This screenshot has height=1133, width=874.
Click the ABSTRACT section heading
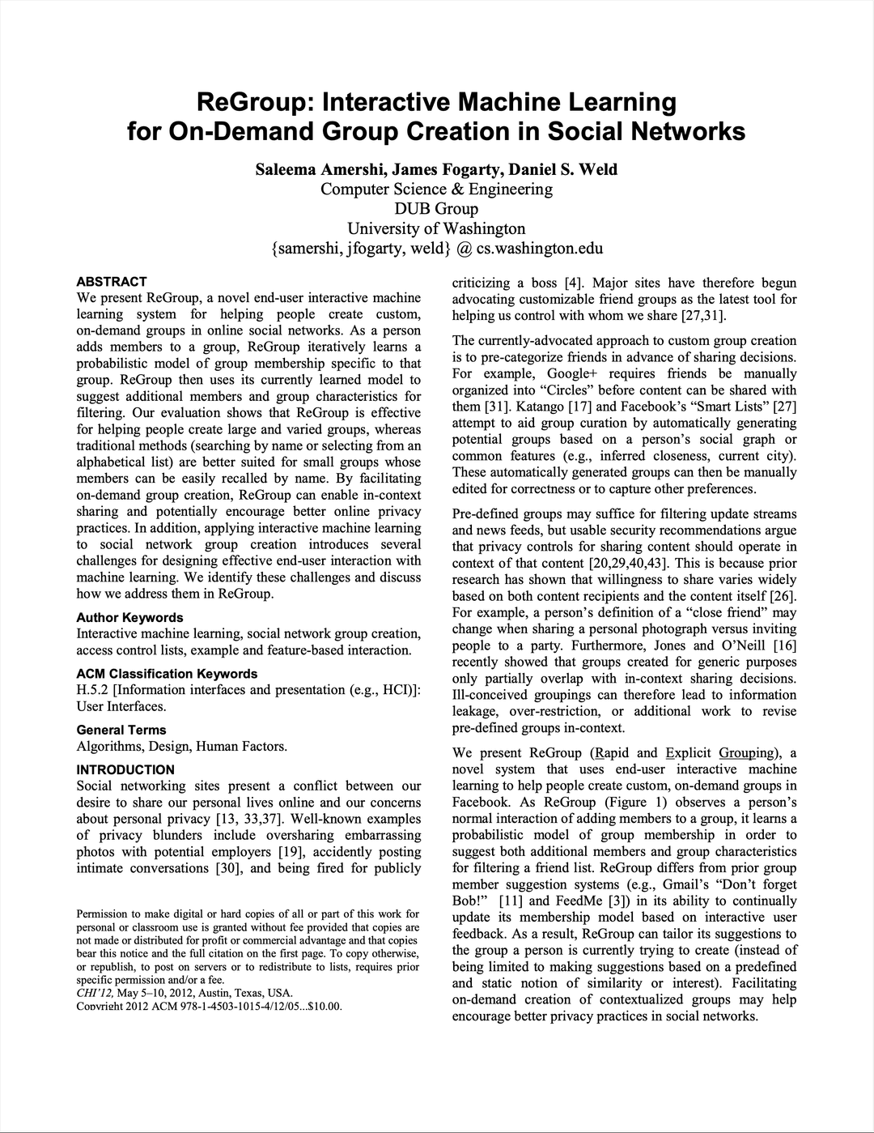point(111,282)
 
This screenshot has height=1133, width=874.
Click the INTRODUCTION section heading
point(125,769)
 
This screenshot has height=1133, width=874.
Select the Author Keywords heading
point(129,617)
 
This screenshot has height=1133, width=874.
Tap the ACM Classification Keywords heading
point(167,673)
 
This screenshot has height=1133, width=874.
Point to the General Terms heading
point(121,730)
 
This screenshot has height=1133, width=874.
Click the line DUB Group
point(436,209)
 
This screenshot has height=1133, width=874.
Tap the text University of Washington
point(436,228)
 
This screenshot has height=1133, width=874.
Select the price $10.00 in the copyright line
point(321,1006)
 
